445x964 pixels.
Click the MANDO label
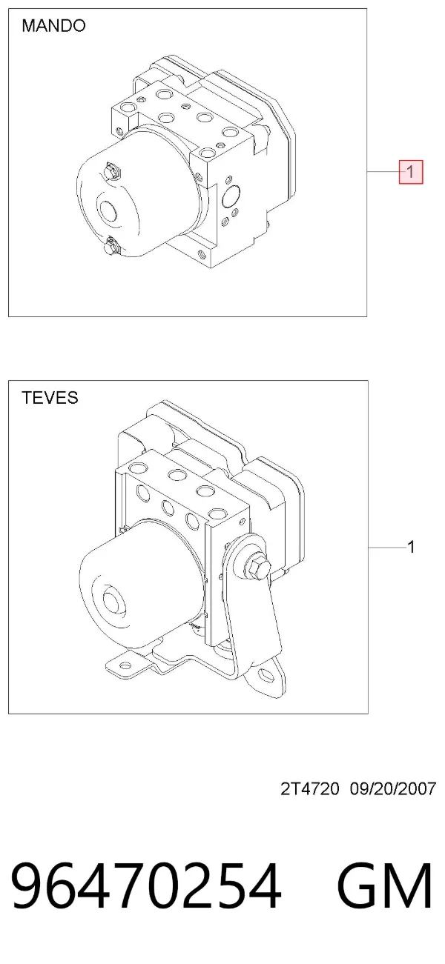click(x=53, y=26)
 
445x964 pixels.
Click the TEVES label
click(x=50, y=398)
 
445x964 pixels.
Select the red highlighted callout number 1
click(x=411, y=172)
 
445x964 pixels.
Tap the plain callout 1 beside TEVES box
click(x=411, y=547)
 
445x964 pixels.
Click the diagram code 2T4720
click(x=310, y=789)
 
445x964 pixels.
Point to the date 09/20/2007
click(x=393, y=789)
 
